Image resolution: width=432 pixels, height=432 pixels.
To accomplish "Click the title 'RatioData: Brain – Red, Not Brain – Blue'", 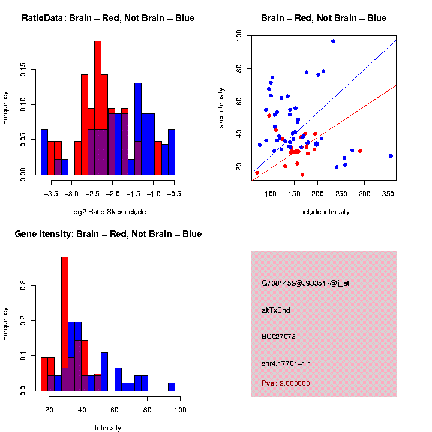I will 108,19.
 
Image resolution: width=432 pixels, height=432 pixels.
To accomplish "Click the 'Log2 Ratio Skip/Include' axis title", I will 108,212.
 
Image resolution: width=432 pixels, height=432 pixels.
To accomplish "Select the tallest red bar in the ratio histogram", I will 98,108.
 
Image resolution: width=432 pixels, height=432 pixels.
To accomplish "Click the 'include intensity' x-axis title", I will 324,212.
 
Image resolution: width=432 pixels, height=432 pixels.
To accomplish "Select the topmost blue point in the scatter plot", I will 333,41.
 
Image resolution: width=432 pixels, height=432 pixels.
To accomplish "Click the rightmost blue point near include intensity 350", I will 391,156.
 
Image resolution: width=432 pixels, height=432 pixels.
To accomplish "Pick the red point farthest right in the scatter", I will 360,151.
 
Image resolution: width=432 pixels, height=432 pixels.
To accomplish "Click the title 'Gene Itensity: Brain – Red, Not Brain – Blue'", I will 108,234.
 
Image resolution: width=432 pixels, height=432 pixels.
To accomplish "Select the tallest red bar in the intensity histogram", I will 65,324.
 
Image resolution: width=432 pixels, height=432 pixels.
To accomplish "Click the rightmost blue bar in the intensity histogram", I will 172,387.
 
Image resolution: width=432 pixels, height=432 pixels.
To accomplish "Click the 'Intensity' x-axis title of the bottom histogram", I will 108,428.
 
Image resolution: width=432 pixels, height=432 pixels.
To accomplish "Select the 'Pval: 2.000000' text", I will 286,383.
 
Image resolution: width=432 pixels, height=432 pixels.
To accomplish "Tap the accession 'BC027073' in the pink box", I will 278,337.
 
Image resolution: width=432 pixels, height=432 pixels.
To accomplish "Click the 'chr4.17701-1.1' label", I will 286,364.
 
